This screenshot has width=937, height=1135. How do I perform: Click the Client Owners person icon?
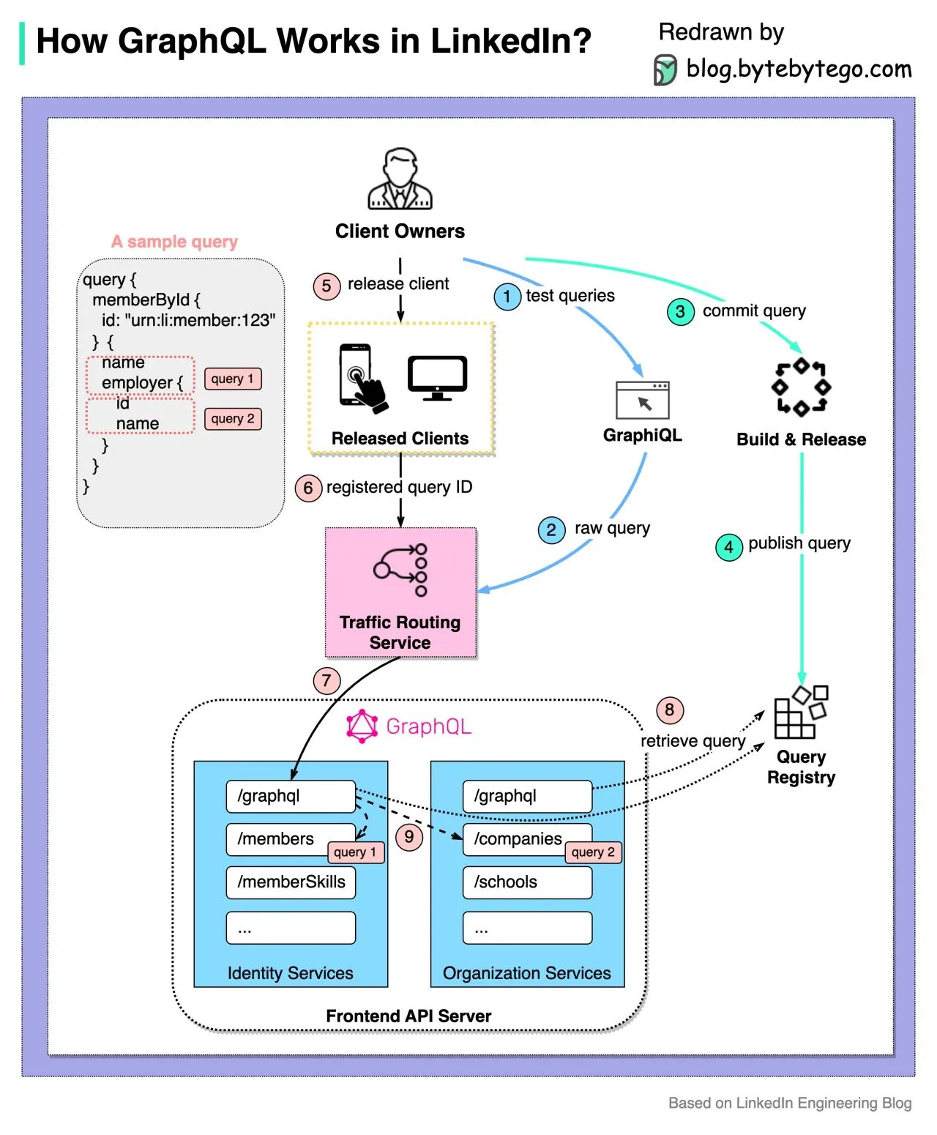click(400, 179)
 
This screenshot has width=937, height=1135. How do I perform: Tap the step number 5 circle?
click(326, 286)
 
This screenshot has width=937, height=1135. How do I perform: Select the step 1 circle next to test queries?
click(507, 297)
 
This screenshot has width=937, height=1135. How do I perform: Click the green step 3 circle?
click(680, 312)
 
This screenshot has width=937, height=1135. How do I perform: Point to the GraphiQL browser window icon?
click(643, 401)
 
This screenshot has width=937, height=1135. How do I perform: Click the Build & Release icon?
click(801, 387)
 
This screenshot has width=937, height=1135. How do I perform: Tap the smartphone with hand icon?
click(361, 378)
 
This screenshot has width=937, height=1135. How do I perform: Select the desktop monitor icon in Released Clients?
click(437, 378)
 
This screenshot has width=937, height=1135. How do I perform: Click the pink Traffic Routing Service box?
click(400, 592)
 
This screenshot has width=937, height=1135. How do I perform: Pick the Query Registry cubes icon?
click(800, 712)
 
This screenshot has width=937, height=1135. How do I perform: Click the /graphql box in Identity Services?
click(291, 796)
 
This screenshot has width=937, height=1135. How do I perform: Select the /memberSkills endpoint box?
click(291, 882)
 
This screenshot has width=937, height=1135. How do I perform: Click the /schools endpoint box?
click(527, 882)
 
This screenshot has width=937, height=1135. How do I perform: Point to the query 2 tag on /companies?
click(593, 852)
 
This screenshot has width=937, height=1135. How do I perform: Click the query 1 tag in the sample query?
click(233, 379)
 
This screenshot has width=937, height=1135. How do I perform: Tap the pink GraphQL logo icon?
click(362, 726)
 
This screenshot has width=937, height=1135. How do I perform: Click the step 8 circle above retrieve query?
click(669, 710)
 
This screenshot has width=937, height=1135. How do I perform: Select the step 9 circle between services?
click(409, 837)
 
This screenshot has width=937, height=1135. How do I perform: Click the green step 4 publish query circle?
click(728, 547)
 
